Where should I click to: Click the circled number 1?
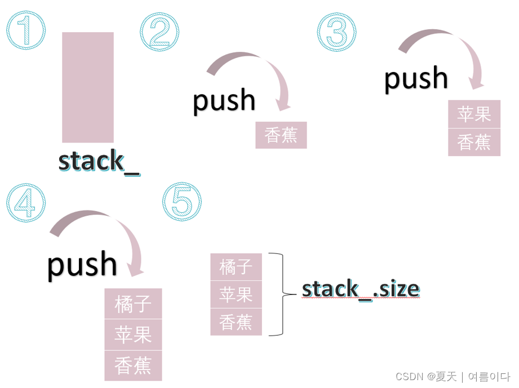[26, 30]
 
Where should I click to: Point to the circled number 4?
[26, 202]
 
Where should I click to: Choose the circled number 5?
[182, 202]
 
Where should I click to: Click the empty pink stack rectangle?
[88, 87]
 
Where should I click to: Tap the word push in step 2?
[224, 100]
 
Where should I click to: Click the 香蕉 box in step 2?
[281, 135]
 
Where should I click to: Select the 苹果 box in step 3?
[474, 114]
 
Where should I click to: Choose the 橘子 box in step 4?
[133, 304]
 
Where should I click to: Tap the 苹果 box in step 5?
[236, 295]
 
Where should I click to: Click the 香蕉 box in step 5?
[236, 322]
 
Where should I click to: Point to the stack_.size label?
[361, 289]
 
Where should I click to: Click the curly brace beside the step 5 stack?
[276, 294]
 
